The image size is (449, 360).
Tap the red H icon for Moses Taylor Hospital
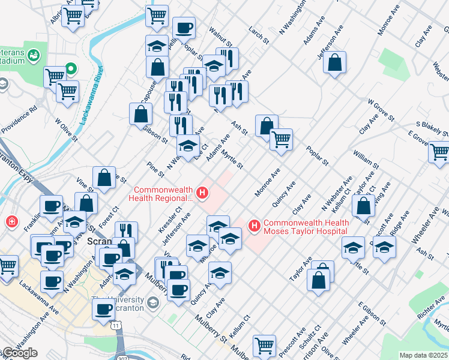tap(254, 226)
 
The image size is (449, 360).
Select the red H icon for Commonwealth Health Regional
tap(203, 193)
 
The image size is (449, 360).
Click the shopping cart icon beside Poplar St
tap(281, 140)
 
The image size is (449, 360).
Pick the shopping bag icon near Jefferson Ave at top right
tap(335, 62)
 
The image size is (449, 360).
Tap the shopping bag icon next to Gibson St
tap(140, 113)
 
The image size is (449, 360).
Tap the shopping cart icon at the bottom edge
tap(264, 346)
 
